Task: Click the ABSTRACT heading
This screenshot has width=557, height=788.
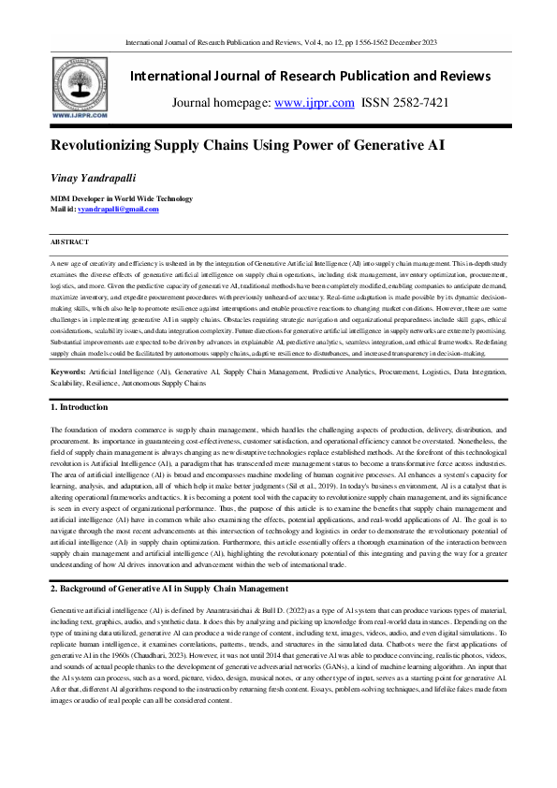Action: (x=68, y=241)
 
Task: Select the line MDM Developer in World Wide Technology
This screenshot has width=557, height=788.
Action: (x=122, y=198)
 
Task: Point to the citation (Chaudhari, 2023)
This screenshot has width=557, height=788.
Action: (x=163, y=631)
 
